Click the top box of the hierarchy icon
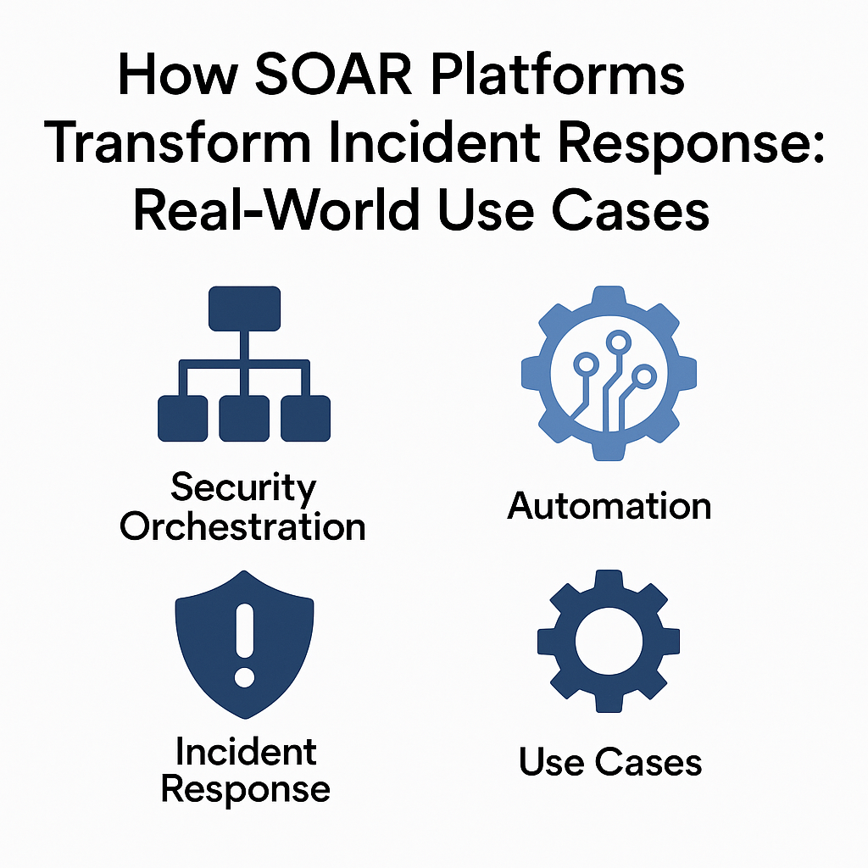pyautogui.click(x=244, y=309)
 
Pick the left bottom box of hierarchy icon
pyautogui.click(x=182, y=418)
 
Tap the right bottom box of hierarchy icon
pyautogui.click(x=305, y=418)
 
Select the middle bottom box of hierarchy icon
pyautogui.click(x=244, y=418)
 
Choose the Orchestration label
pyautogui.click(x=242, y=526)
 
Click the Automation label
pyautogui.click(x=609, y=506)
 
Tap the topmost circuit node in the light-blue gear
pyautogui.click(x=617, y=342)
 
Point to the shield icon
pyautogui.click(x=244, y=644)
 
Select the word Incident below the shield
pyautogui.click(x=246, y=751)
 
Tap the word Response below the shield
pyautogui.click(x=246, y=789)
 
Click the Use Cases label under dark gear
pyautogui.click(x=610, y=762)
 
